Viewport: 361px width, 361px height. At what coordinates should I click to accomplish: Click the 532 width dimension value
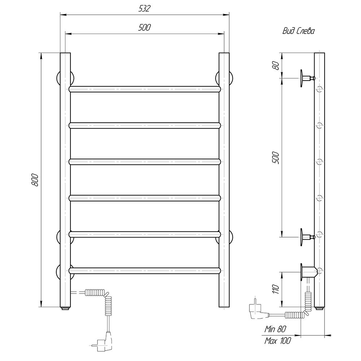tap(145, 9)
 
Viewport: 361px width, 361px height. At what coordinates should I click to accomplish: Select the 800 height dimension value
tap(35, 180)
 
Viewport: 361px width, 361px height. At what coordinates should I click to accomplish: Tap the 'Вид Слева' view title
tap(299, 31)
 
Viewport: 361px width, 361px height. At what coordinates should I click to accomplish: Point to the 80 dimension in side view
tap(276, 66)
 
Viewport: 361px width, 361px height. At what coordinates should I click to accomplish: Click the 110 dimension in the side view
tap(275, 289)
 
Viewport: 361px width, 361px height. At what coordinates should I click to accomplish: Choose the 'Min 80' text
tap(275, 329)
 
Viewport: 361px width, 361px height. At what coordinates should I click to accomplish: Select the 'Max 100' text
tap(278, 340)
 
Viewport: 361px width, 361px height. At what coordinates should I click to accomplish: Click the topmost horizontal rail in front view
tap(145, 89)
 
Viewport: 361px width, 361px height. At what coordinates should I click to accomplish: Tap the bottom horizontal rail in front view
tap(145, 270)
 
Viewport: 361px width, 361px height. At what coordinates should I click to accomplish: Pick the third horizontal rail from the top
tap(145, 162)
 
